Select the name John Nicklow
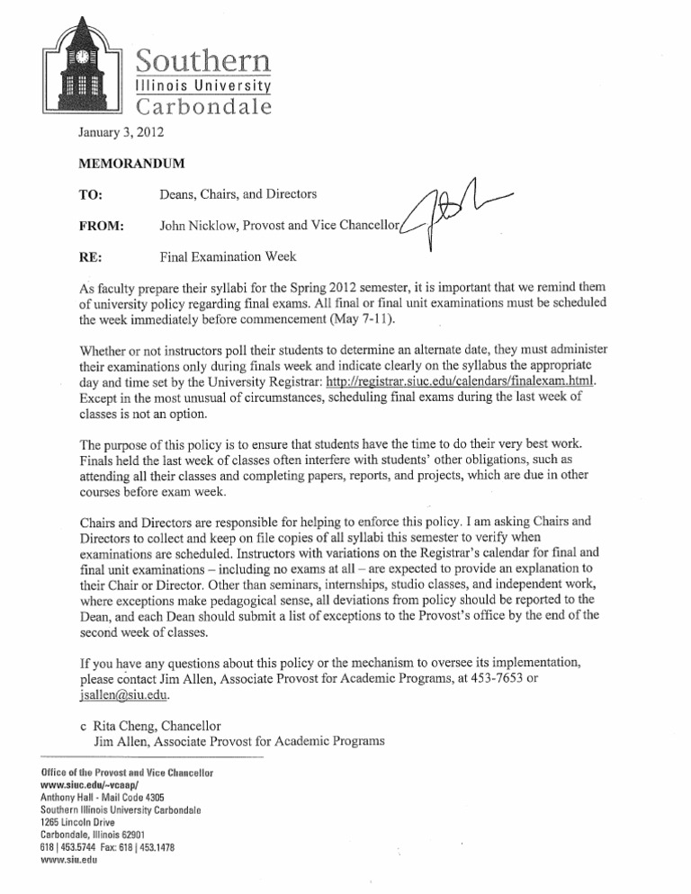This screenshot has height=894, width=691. coord(202,226)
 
